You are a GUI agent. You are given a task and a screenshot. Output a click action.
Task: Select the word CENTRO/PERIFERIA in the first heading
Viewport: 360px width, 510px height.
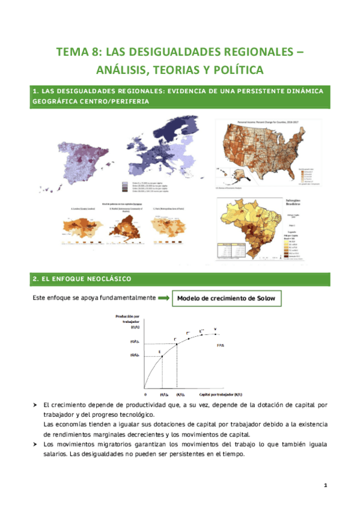(120, 102)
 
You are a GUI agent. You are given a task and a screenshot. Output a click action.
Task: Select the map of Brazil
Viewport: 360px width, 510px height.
(246, 226)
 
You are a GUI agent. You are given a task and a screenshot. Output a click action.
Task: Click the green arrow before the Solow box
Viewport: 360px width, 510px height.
(162, 298)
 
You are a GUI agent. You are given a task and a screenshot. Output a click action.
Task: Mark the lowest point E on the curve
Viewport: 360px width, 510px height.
(160, 352)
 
